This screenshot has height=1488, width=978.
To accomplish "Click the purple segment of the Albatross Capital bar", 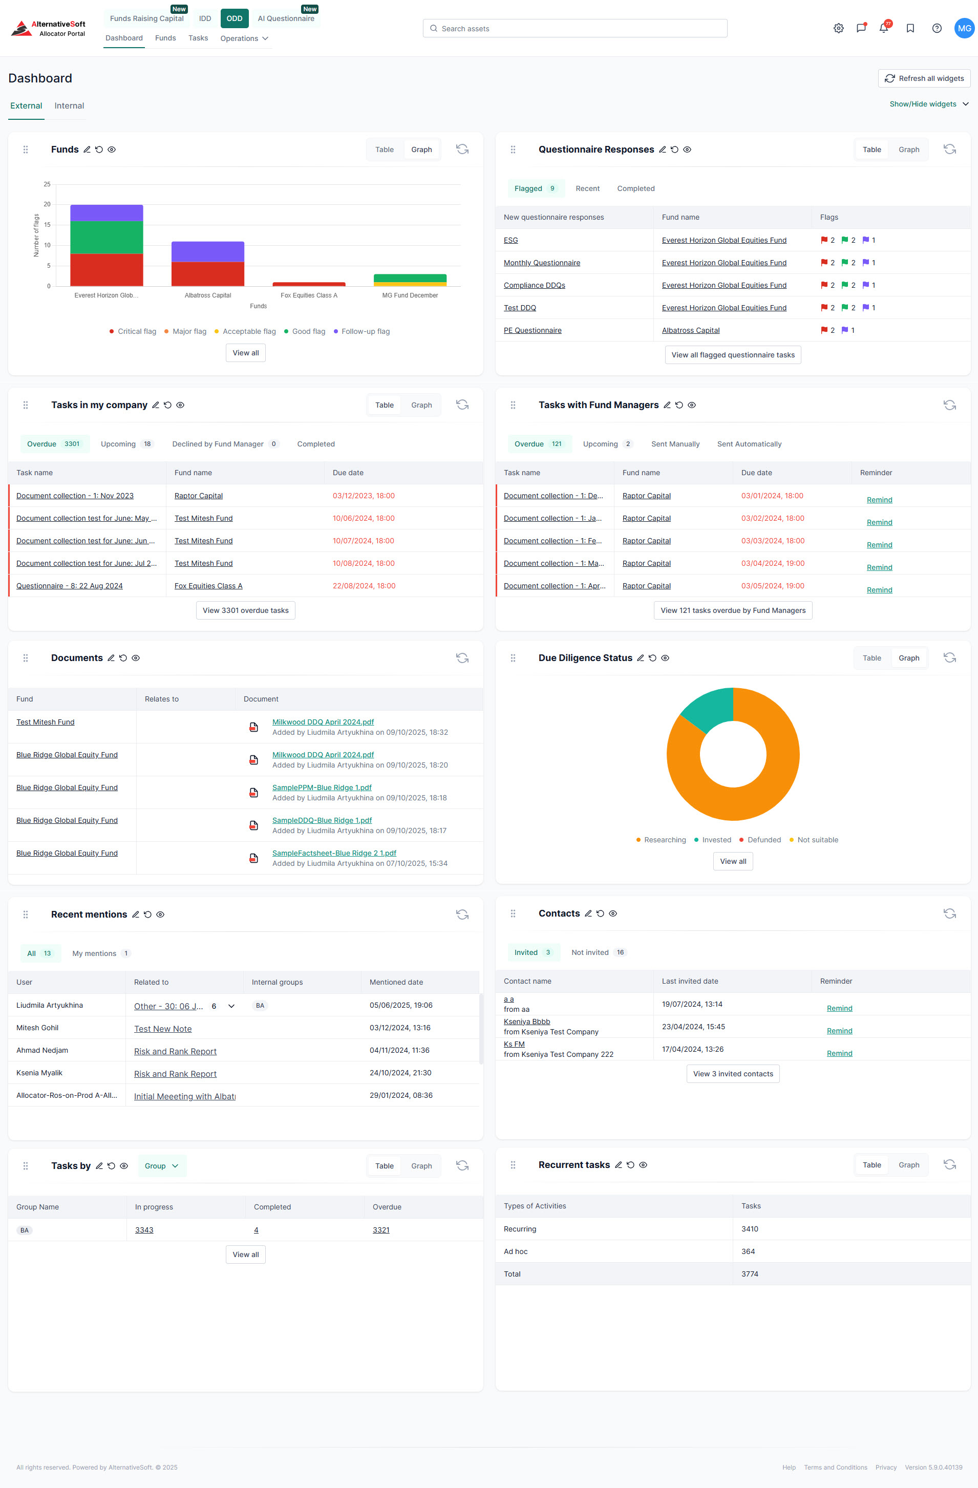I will pos(207,251).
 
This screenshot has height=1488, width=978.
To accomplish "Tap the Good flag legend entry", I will pos(305,331).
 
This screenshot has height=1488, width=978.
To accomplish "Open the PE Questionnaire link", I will pos(532,330).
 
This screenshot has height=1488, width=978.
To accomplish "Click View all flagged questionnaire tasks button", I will pos(732,354).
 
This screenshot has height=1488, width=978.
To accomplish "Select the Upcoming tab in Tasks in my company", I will pos(118,444).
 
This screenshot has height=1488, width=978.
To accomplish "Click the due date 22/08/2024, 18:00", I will pos(364,586).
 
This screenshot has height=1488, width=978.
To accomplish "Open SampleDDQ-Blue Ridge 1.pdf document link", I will pos(322,820).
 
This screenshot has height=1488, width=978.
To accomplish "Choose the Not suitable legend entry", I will pos(817,840).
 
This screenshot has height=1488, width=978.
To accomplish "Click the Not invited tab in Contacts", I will pos(590,952).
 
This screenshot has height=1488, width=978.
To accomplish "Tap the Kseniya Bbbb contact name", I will pos(526,1022).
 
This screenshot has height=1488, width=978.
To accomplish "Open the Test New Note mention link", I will pos(163,1029).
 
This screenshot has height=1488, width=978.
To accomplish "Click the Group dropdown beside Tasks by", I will pos(161,1165).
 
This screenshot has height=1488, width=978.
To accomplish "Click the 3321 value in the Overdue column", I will pos(381,1230).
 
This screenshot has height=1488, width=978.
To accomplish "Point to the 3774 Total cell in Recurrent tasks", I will pos(749,1273).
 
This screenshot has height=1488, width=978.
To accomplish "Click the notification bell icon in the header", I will pos(883,28).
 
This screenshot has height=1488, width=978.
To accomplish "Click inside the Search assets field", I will pos(576,28).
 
